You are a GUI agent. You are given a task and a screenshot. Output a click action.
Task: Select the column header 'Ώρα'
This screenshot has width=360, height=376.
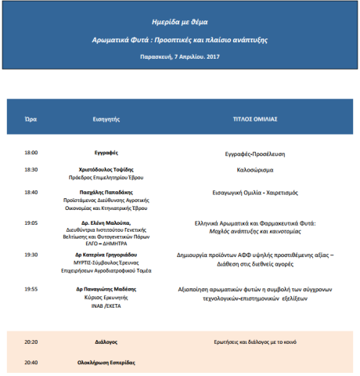click(x=31, y=118)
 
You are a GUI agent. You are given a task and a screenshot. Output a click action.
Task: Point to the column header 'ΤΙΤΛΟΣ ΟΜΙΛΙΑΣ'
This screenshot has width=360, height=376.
click(x=255, y=118)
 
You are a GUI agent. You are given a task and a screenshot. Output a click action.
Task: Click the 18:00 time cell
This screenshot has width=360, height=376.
click(x=31, y=153)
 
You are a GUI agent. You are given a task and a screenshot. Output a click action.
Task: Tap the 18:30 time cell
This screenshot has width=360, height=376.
click(x=31, y=168)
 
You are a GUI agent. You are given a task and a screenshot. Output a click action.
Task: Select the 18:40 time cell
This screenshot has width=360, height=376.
click(x=31, y=191)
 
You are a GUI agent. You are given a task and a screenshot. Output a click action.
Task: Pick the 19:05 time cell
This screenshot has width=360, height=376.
click(x=31, y=222)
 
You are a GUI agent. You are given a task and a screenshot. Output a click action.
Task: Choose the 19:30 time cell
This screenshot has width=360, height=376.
click(x=31, y=255)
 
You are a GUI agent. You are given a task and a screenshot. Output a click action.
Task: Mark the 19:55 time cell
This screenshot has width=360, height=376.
click(x=31, y=288)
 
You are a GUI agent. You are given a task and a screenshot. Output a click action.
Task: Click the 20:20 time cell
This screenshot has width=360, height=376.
click(x=31, y=342)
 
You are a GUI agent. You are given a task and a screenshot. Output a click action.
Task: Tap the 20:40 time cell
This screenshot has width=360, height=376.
click(x=31, y=363)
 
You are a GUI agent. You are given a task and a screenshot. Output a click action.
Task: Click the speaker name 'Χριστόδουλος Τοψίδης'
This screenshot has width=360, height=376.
click(x=106, y=168)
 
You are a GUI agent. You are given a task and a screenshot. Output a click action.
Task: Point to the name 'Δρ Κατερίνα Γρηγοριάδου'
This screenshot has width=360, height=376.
click(x=106, y=255)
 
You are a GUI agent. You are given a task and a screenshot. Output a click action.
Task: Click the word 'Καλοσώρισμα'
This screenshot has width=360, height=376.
click(x=255, y=168)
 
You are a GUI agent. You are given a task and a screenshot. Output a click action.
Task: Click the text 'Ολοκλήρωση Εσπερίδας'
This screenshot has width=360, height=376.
click(x=107, y=363)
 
